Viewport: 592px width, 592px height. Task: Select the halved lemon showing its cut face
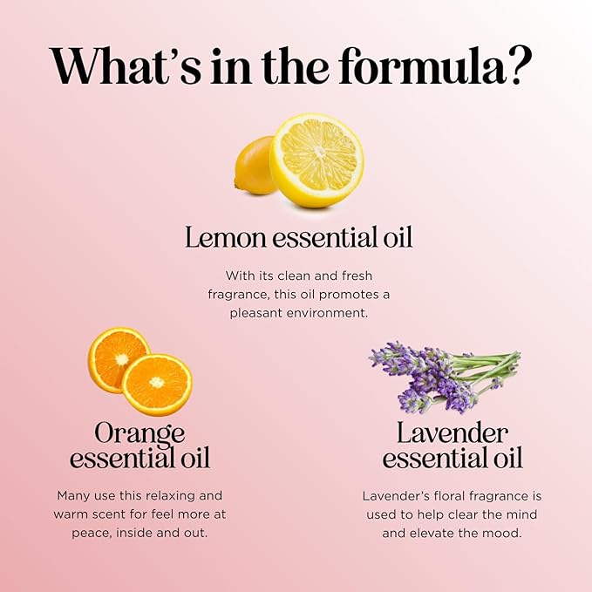pyautogui.click(x=316, y=159)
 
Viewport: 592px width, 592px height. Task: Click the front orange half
pyautogui.click(x=157, y=384)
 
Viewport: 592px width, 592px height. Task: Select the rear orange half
pyautogui.click(x=117, y=357)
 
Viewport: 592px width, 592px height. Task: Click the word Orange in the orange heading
pyautogui.click(x=139, y=432)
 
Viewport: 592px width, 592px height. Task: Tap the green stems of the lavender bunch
pyautogui.click(x=493, y=366)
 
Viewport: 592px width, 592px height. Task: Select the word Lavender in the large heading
pyautogui.click(x=452, y=432)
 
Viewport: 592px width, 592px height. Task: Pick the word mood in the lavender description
pyautogui.click(x=503, y=532)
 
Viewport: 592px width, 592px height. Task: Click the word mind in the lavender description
pyautogui.click(x=501, y=514)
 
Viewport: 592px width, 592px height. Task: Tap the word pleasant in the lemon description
pyautogui.click(x=258, y=312)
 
